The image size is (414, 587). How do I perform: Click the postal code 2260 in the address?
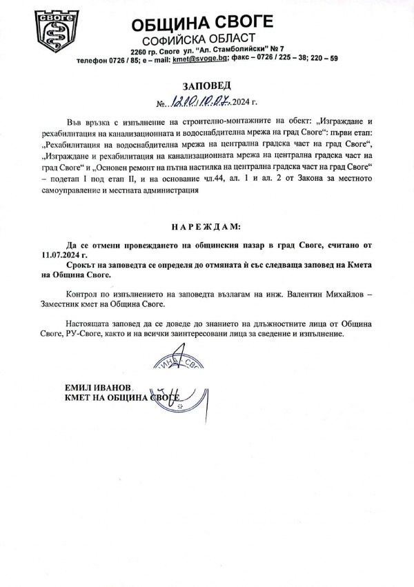(139, 50)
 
